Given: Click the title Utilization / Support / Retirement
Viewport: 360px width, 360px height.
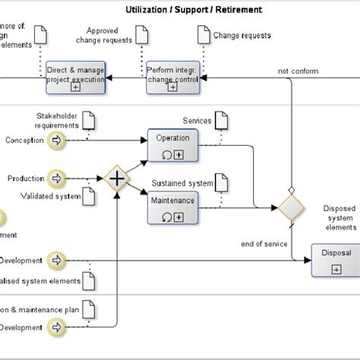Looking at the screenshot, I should coord(195,10).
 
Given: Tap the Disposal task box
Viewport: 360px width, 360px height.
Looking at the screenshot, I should coord(332,259).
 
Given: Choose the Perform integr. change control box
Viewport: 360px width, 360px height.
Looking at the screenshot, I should coord(172,76).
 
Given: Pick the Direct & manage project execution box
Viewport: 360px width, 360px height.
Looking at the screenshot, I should coord(75,76).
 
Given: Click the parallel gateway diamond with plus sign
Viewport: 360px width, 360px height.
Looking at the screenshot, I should coord(117,179).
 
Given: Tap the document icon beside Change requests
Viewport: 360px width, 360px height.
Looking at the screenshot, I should coord(202,34).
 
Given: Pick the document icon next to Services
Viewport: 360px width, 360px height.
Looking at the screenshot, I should coord(220,120).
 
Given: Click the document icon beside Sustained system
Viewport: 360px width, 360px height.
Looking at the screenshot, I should coord(220,182).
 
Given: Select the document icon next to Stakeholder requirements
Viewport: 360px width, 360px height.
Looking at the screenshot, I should coord(88,119).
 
